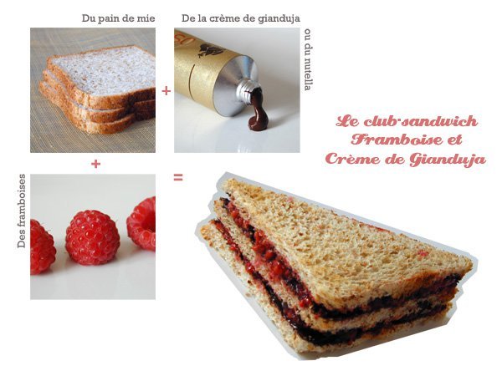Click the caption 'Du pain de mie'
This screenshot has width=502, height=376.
[118, 18]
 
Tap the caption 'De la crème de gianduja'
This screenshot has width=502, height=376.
[241, 18]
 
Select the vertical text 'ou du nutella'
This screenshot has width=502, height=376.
[308, 60]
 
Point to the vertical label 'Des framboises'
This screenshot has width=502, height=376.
[22, 211]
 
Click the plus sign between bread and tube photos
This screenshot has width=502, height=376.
[166, 91]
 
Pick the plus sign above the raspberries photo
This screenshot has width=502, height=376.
[95, 164]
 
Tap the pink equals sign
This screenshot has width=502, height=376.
[178, 177]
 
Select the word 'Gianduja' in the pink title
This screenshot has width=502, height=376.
[448, 160]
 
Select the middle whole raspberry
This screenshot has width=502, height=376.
[93, 237]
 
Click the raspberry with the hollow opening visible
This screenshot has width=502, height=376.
[141, 223]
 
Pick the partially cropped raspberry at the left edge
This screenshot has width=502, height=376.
[43, 246]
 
